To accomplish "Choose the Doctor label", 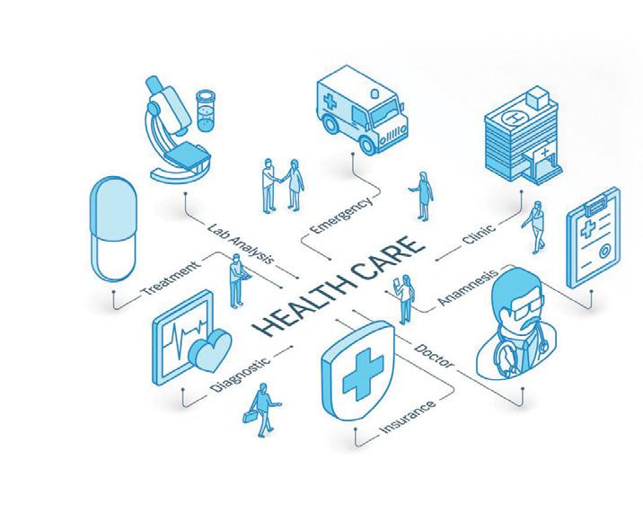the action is click(436, 354).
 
